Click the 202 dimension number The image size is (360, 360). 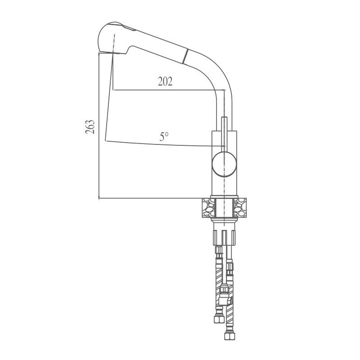165,81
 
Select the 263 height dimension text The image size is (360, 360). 90,127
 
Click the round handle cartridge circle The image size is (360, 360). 224,163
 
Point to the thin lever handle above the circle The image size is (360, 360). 224,133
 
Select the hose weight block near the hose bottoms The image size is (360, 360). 224,299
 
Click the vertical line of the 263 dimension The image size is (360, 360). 99,135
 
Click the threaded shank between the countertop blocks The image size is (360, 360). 224,208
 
